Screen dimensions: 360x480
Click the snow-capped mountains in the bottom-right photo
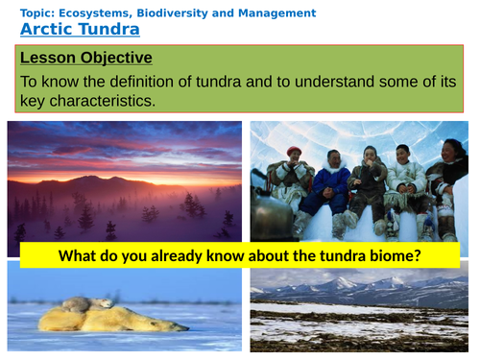click(384, 285)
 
